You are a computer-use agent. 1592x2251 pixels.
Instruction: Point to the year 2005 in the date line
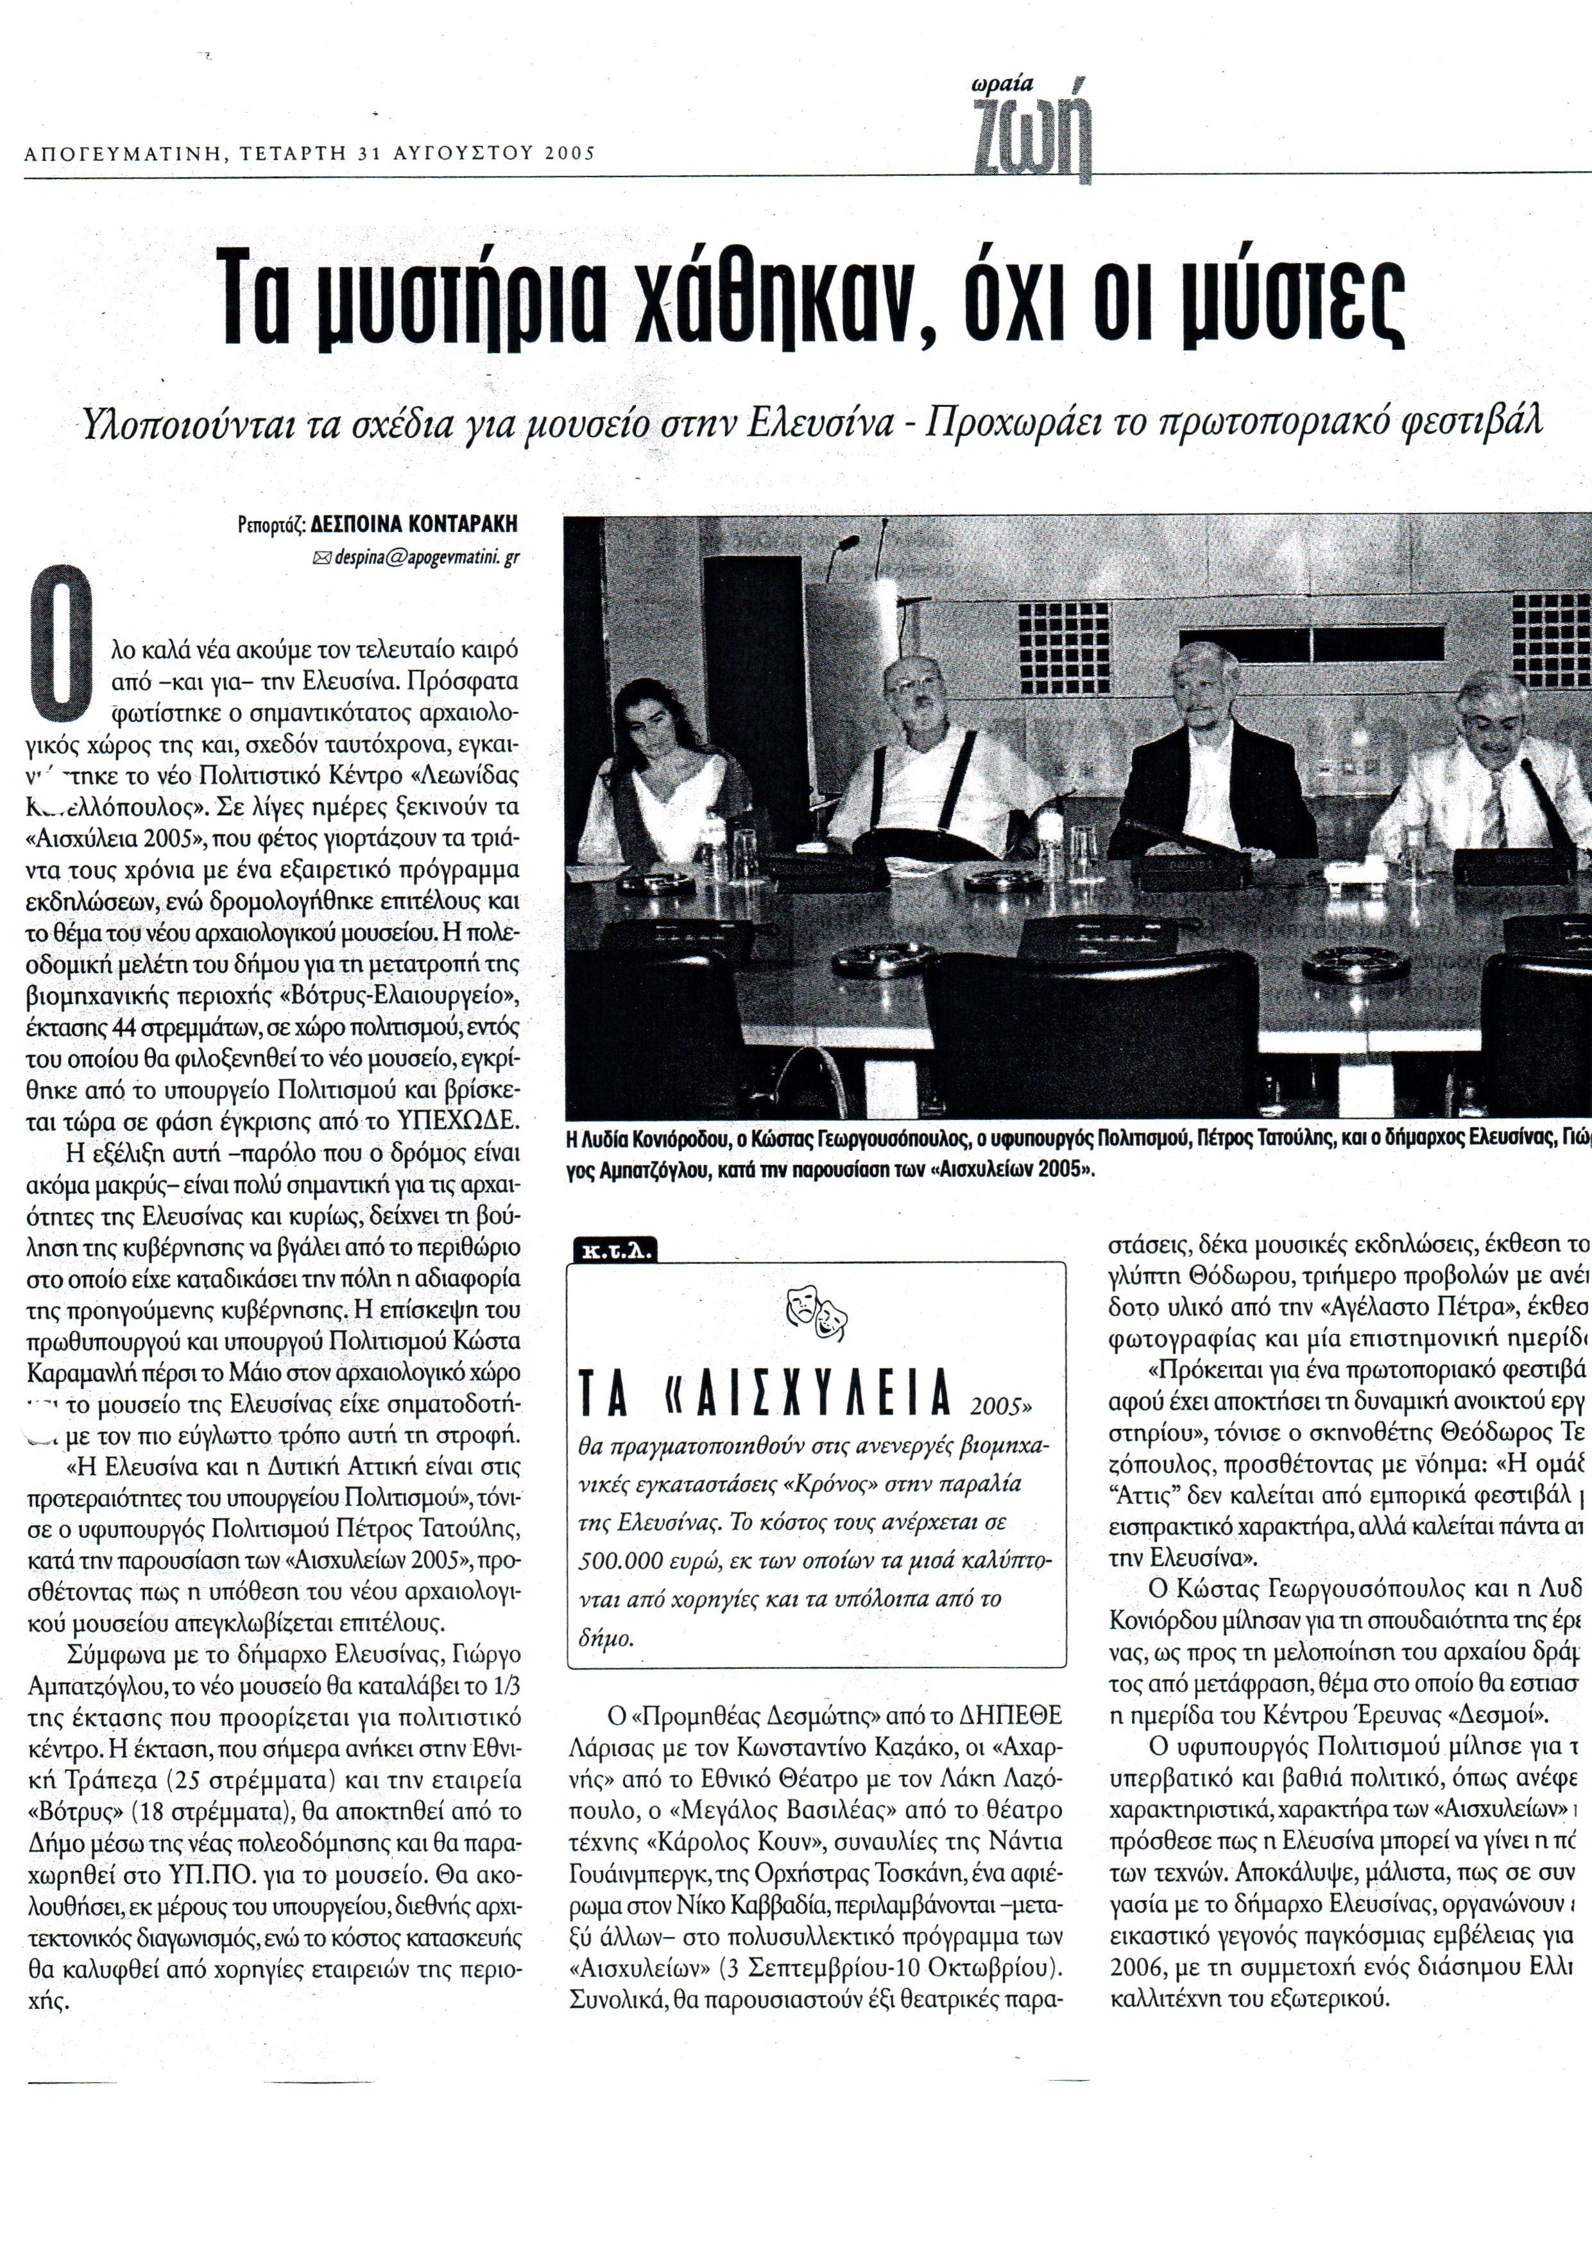point(570,153)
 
